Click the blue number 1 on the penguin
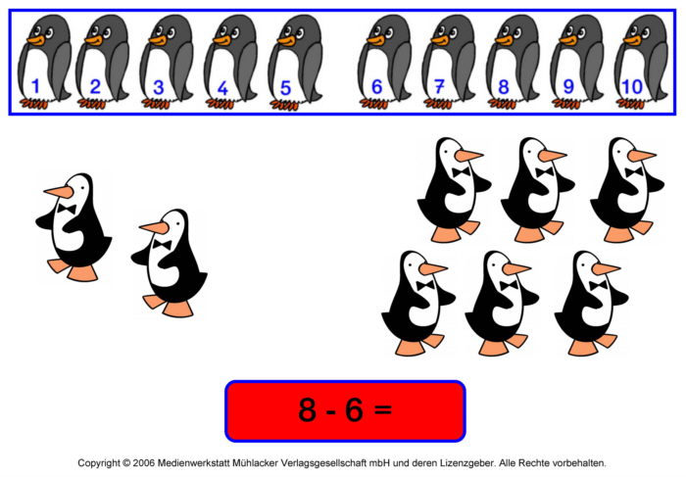(36, 86)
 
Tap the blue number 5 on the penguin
(285, 88)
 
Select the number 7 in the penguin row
(440, 86)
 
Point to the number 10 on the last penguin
(632, 87)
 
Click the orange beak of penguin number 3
(159, 41)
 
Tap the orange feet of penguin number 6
(373, 103)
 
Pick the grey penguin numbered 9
(577, 61)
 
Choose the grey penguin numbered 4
(231, 61)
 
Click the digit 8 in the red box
(307, 409)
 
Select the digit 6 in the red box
(354, 409)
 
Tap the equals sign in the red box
(383, 409)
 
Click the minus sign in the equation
(331, 411)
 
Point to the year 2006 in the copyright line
(144, 462)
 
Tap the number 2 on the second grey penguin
(95, 86)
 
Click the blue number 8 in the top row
(504, 87)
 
